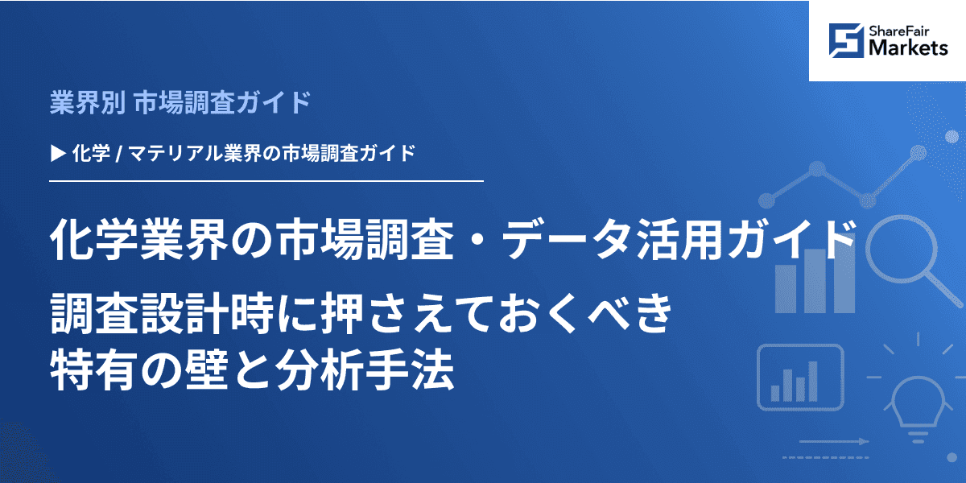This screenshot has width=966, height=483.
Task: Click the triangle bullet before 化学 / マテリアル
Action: tap(57, 151)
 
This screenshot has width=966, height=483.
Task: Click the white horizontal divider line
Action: tap(266, 182)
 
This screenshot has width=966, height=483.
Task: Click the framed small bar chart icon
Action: tap(799, 378)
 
